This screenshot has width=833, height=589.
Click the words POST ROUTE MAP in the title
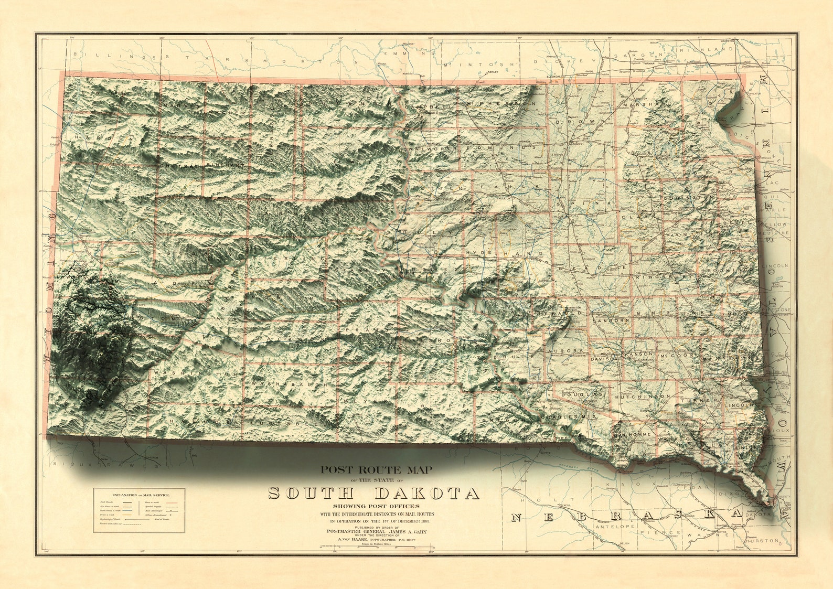click(x=377, y=470)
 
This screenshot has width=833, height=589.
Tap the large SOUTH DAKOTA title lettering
click(x=373, y=494)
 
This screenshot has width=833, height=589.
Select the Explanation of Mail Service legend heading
click(x=139, y=495)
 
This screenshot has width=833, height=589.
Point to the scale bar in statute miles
click(x=377, y=548)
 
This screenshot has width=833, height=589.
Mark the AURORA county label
click(x=565, y=350)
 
